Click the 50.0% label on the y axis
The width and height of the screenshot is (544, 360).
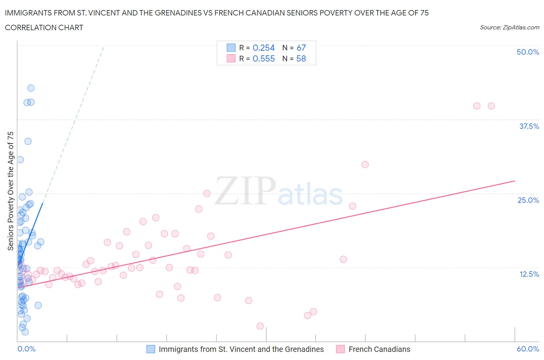527,52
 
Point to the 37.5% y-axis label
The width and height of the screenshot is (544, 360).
529,126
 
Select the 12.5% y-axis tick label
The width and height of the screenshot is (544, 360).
529,274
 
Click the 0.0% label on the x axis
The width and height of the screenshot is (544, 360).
26,349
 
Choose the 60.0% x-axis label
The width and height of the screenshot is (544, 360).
527,349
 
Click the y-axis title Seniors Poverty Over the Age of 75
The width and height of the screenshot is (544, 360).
10,191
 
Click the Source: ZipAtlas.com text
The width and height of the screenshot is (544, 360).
509,27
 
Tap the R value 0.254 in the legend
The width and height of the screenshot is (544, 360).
263,48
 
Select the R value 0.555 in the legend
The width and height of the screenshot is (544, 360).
263,58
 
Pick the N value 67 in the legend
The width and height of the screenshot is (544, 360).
301,48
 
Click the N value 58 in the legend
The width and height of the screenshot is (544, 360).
301,58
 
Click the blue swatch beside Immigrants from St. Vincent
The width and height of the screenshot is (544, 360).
151,349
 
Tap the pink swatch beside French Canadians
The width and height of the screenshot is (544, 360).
340,349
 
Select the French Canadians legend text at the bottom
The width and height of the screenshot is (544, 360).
379,349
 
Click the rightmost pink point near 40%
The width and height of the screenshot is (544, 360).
491,106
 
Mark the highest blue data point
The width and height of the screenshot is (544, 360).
31,88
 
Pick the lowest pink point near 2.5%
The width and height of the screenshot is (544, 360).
260,326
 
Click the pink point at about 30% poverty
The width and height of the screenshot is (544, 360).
365,165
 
